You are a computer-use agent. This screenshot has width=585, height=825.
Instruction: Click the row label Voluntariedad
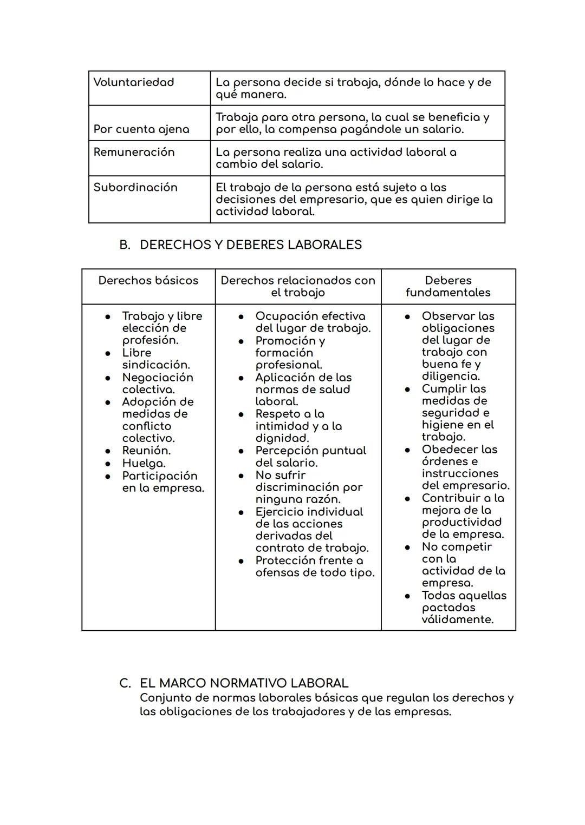(134, 82)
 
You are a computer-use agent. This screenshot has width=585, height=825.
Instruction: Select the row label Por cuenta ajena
(141, 129)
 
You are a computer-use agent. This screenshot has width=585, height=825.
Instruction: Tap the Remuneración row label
(134, 152)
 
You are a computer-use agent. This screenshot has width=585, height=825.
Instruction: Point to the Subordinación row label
(135, 187)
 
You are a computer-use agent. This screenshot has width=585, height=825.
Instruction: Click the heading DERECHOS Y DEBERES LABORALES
(250, 245)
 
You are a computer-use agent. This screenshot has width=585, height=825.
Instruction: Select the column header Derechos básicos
(148, 281)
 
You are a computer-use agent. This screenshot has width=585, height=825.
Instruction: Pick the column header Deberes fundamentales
(448, 287)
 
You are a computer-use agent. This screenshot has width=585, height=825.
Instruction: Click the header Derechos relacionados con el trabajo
(298, 287)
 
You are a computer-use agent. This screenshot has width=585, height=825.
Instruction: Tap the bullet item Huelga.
(144, 464)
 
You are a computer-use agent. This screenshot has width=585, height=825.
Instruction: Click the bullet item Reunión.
(146, 451)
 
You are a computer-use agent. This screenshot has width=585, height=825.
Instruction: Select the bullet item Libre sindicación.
(155, 359)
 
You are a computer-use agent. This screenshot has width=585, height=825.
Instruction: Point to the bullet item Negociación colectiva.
(157, 384)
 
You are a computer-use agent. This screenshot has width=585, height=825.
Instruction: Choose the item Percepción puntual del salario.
(310, 457)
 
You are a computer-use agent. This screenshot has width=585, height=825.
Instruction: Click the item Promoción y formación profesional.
(290, 353)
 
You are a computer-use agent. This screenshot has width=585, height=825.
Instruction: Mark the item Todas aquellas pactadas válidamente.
(464, 608)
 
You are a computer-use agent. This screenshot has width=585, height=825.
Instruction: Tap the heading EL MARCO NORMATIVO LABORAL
(244, 683)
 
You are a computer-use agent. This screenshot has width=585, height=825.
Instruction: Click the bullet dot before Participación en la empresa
(108, 477)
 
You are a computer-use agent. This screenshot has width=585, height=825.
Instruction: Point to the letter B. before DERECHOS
(125, 245)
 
